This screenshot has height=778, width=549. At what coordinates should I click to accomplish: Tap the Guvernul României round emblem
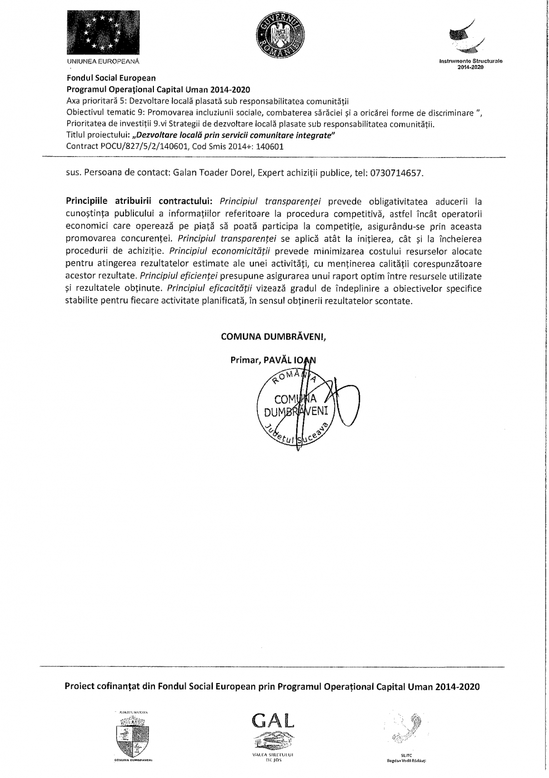pos(280,35)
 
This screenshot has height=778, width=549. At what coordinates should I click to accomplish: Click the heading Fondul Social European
pos(111,78)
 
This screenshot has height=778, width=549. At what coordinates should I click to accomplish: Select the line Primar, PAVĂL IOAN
pos(273,360)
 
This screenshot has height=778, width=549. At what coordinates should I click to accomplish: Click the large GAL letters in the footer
pos(272,720)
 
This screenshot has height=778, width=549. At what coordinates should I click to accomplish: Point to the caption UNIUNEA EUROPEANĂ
pos(103,60)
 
